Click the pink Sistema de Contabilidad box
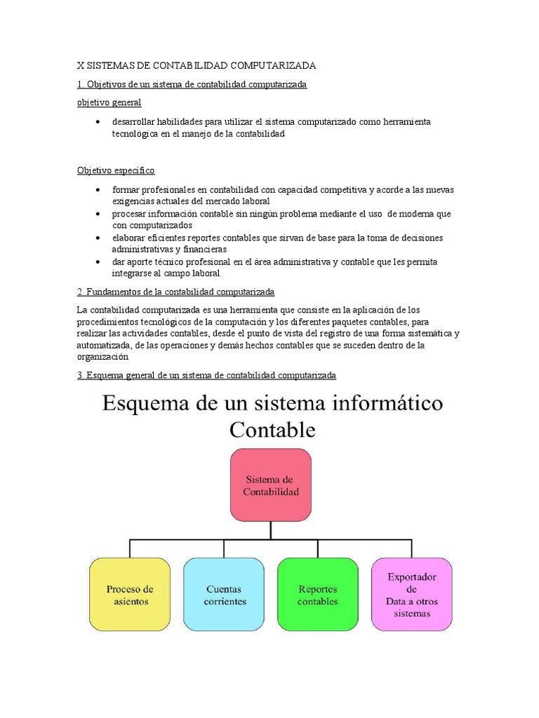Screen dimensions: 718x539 270,485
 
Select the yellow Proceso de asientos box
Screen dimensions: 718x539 129,595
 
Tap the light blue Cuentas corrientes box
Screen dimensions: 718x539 224,595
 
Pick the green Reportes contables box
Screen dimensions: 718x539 317,595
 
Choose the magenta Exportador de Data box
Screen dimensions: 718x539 411,595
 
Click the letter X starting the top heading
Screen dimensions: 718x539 80,65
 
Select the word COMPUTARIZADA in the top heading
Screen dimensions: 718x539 273,65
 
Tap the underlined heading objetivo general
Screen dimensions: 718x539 109,102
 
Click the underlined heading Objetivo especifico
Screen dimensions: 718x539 115,170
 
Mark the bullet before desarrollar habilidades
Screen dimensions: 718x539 97,122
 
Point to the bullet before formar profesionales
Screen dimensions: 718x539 97,190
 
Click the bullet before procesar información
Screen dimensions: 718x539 97,214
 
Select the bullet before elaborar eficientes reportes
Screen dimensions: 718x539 97,238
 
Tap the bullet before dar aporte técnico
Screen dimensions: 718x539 97,262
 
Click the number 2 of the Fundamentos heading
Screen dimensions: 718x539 79,291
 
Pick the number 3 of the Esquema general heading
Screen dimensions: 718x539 79,376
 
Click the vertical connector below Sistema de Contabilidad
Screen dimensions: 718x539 270,530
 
